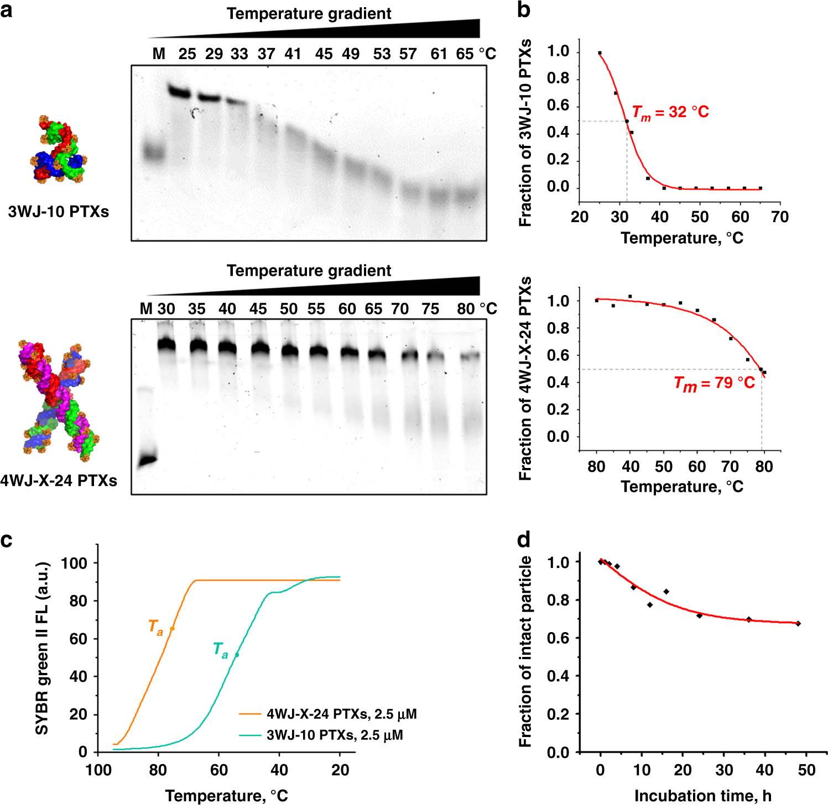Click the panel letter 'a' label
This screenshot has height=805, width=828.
click(x=7, y=10)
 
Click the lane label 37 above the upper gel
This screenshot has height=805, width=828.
click(x=266, y=54)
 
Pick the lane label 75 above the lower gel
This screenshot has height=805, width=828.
click(x=430, y=309)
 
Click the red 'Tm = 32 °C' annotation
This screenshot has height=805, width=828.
click(x=670, y=113)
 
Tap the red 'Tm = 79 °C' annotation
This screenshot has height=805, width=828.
click(x=714, y=383)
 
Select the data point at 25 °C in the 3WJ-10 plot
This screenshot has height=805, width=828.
click(x=600, y=53)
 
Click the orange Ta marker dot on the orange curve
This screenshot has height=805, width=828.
click(x=173, y=629)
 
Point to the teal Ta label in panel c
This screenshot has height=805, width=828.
click(x=220, y=650)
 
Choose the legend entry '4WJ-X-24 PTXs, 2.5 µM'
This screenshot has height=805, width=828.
click(x=341, y=714)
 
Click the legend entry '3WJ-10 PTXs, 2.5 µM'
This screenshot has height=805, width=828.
click(x=335, y=735)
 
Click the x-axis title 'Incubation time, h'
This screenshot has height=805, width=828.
click(x=702, y=796)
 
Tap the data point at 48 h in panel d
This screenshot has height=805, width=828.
click(x=798, y=623)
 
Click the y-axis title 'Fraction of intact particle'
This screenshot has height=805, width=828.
click(x=525, y=652)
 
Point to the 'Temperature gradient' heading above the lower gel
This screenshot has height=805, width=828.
click(x=309, y=271)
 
